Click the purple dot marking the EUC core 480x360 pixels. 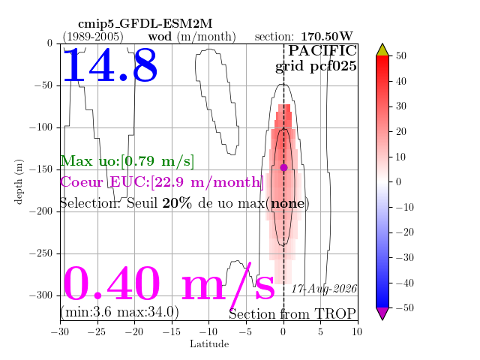[x=283, y=167]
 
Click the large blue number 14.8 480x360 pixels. [x=110, y=65]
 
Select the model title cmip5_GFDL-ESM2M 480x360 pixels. [x=145, y=24]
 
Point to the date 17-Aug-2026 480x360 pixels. [x=324, y=289]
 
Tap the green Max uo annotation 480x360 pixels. [x=127, y=161]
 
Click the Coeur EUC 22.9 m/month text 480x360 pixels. [x=162, y=181]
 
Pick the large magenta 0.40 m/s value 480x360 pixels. [x=169, y=283]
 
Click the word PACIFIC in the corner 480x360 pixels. [x=322, y=51]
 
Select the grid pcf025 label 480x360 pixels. [x=316, y=67]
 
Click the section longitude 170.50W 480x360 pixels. [x=327, y=37]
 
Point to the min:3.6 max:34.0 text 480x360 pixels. [x=120, y=312]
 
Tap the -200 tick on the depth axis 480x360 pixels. [x=41, y=211]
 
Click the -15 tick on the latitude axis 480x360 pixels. [x=172, y=331]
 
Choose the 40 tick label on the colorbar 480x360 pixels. [x=401, y=81]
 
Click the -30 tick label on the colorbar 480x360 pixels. [x=405, y=257]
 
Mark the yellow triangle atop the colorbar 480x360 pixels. [x=382, y=50]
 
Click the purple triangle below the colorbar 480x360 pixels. [x=382, y=313]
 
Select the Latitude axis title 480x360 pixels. [x=209, y=344]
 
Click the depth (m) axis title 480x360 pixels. [x=19, y=181]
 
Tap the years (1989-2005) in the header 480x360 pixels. [x=93, y=37]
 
